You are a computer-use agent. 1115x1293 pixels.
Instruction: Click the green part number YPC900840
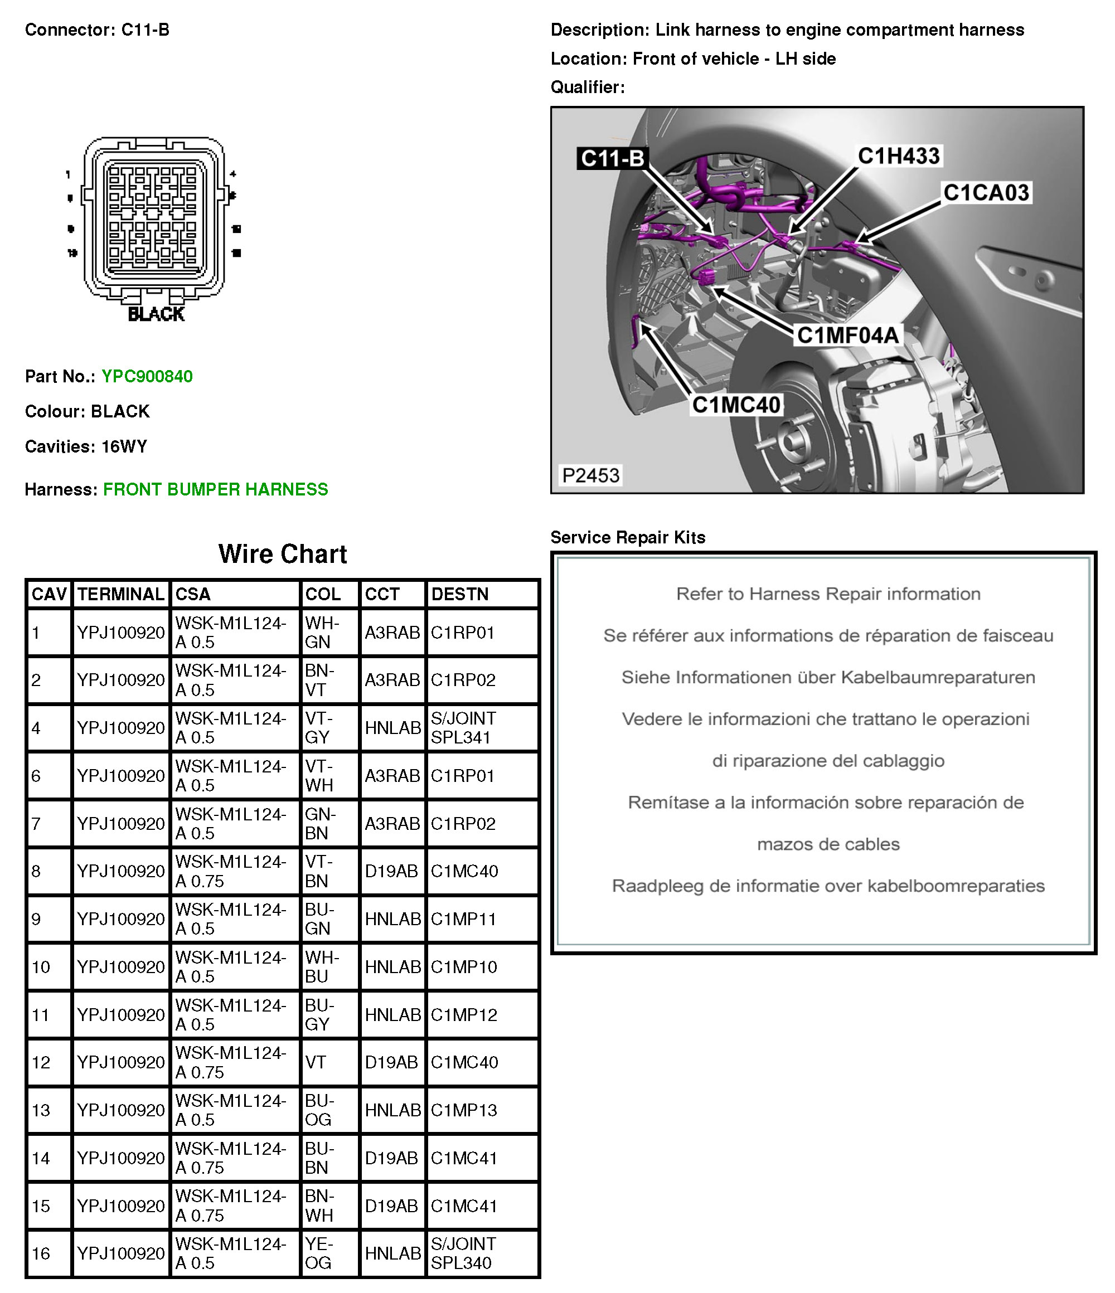(x=147, y=376)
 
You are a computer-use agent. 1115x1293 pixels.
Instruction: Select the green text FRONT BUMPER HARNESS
(x=215, y=489)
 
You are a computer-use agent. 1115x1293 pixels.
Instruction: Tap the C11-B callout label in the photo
(x=612, y=158)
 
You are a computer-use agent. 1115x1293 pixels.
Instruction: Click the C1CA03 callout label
(x=986, y=193)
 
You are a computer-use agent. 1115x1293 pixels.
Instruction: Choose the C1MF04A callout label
(x=848, y=335)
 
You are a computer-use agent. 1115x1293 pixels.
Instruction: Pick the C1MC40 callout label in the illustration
(x=736, y=405)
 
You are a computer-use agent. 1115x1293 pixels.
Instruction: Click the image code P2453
(x=590, y=475)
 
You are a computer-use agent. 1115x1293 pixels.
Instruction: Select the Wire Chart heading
(x=282, y=554)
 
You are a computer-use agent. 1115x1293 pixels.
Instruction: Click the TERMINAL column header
(x=120, y=594)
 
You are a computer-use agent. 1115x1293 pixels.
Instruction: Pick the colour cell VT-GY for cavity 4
(x=318, y=728)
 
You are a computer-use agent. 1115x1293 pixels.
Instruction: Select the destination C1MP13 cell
(x=464, y=1110)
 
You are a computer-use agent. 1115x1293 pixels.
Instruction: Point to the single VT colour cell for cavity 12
(x=316, y=1062)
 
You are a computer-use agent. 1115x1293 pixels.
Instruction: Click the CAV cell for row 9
(x=37, y=919)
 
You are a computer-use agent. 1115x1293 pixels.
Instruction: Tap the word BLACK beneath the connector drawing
(x=156, y=314)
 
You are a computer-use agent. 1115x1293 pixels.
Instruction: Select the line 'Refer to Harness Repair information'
(x=828, y=594)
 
